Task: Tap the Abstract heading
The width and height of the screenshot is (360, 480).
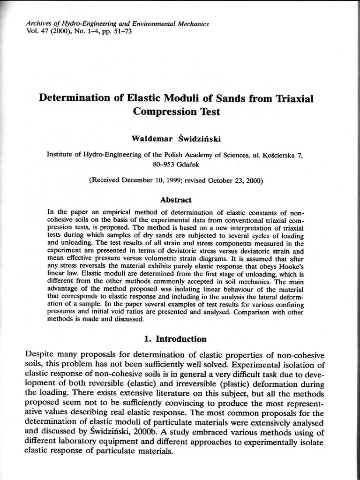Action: coord(176,200)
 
